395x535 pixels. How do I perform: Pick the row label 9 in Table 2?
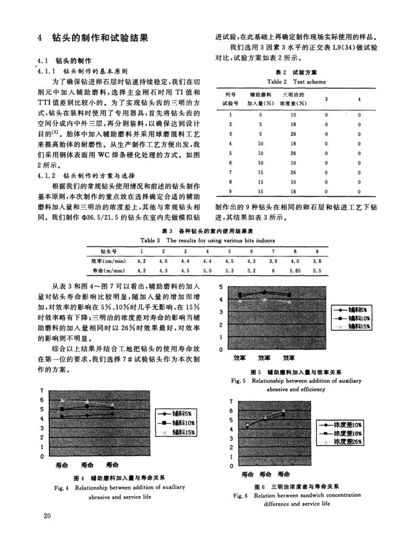click(x=230, y=191)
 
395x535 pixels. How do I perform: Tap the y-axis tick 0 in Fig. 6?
click(x=230, y=465)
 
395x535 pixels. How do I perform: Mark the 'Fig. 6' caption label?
click(x=241, y=496)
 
